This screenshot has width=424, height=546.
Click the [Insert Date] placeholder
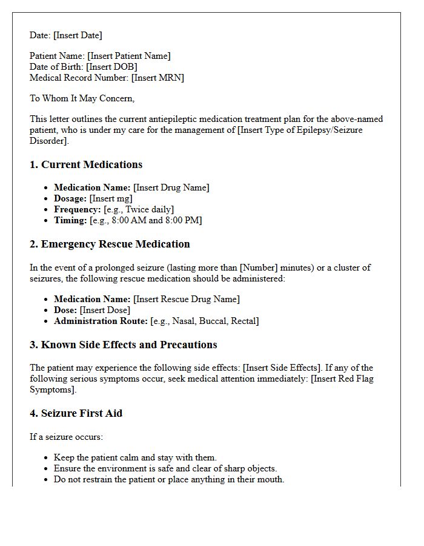coord(78,35)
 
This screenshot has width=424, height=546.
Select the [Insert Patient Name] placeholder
coord(129,56)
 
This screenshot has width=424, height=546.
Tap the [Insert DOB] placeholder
coord(111,67)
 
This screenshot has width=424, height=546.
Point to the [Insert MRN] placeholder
coord(151,78)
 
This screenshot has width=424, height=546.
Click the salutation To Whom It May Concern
coord(82,98)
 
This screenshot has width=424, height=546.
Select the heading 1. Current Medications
coord(86,164)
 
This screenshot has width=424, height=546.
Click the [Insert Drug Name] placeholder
coord(171,187)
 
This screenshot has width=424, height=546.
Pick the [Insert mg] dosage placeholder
coord(111,198)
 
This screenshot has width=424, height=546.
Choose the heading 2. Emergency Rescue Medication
coord(110,244)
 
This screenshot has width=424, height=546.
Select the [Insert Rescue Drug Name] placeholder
coord(186,299)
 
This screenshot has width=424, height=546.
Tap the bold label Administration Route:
coord(101,321)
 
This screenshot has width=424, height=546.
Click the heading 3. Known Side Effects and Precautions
coord(124,345)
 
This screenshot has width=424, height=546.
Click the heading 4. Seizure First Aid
coord(76,413)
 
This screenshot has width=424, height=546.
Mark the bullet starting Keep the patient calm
coord(135,457)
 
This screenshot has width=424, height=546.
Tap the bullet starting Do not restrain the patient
coord(169,479)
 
